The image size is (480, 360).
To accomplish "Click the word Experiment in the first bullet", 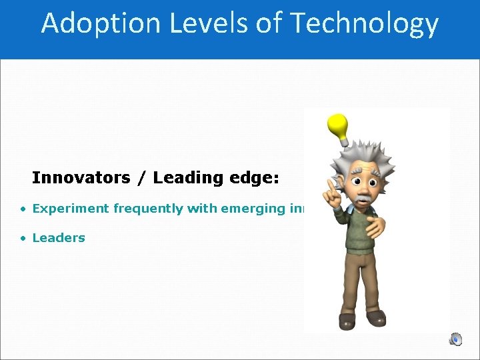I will coord(71,209).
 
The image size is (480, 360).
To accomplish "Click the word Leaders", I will coord(59,238).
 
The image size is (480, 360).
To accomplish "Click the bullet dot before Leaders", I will coord(23,238).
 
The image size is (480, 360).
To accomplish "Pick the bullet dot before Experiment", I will coord(23,209).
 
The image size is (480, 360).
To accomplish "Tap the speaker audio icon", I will coord(455,339).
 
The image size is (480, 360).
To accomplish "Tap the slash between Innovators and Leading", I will coord(142,178).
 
